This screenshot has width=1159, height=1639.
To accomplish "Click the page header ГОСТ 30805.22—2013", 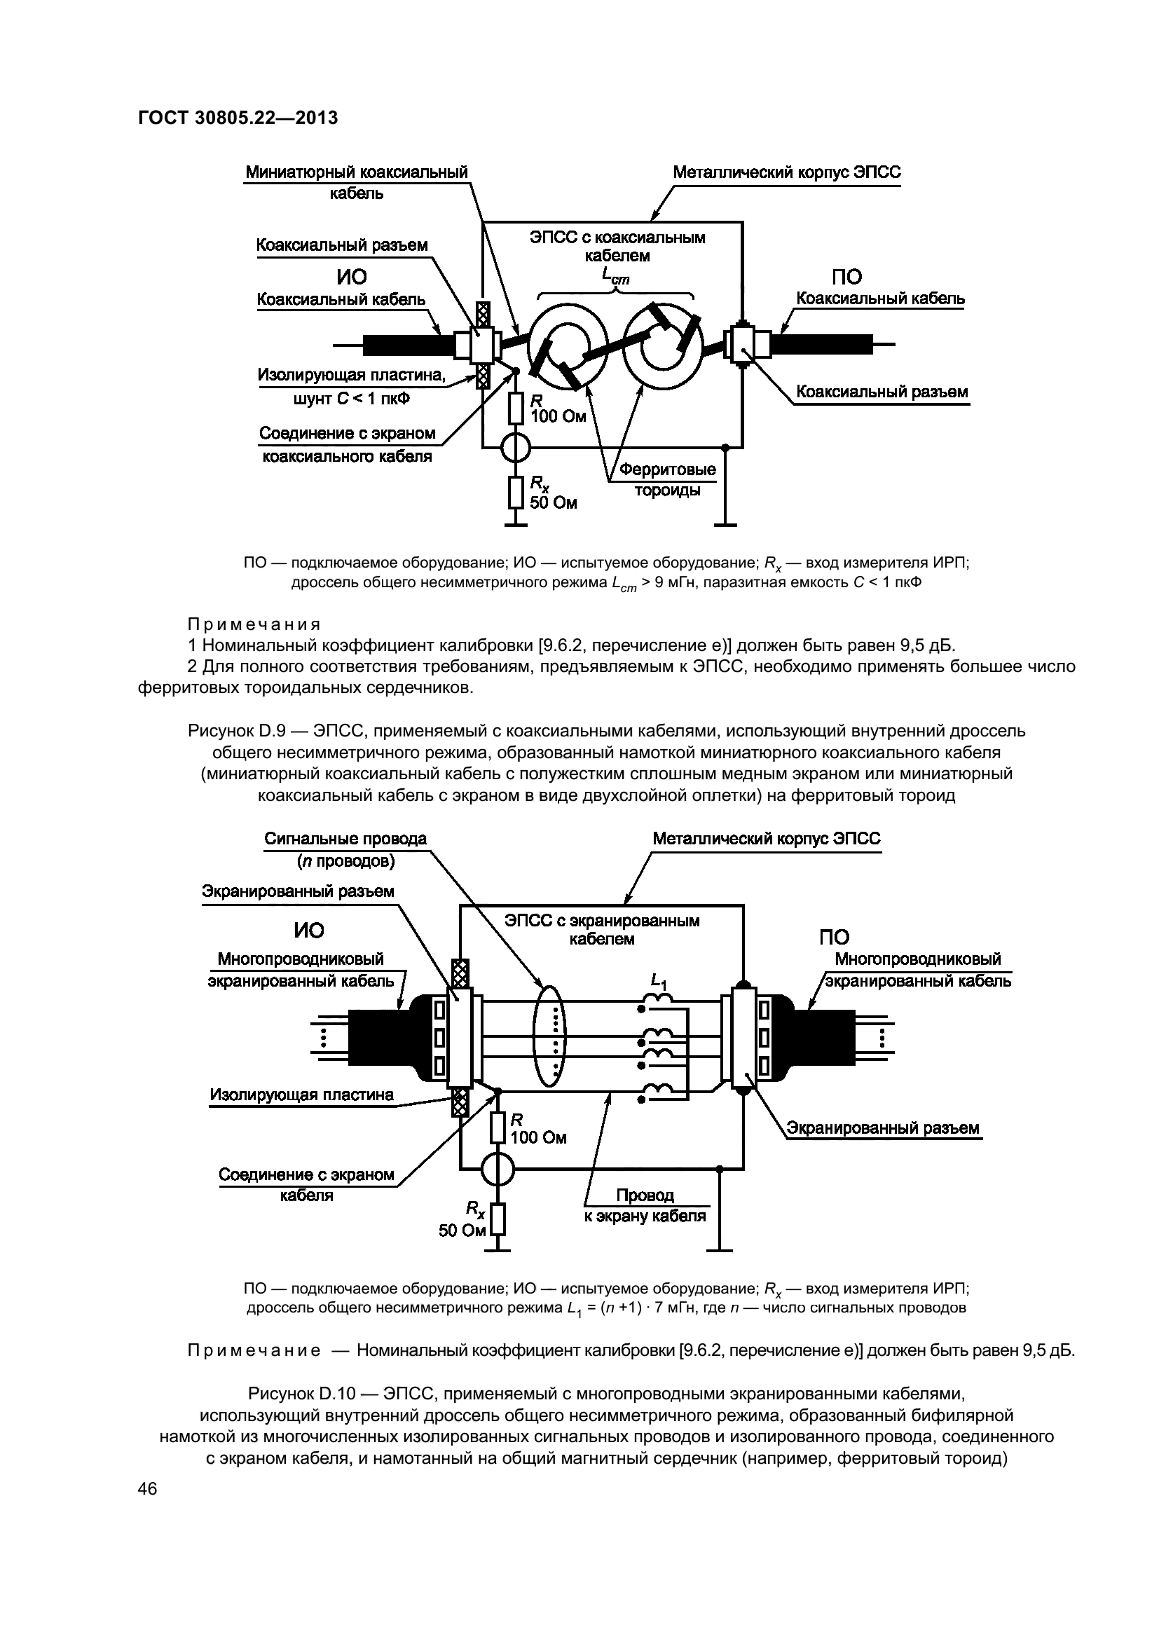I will tap(238, 118).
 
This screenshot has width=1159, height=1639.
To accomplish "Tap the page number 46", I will tap(148, 1488).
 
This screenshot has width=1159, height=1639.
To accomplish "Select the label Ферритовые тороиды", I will tap(667, 480).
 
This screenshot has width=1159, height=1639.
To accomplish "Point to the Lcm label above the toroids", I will tap(615, 275).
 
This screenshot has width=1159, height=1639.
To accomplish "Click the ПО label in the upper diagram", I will tap(846, 277).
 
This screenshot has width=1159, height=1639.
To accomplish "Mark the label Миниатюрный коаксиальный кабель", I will tap(357, 183).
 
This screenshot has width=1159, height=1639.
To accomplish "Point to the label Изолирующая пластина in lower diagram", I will tap(301, 1095).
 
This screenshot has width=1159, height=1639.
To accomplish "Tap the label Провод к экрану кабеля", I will tap(645, 1206).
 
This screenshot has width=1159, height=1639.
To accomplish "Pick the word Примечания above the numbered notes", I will tap(254, 624).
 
